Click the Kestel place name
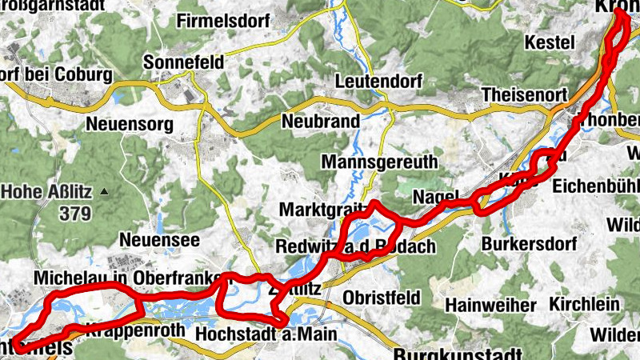[x=550, y=42]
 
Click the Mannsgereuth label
[x=379, y=162]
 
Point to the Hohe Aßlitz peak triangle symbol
[x=104, y=192]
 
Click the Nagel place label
[x=435, y=197]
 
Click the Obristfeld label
[x=380, y=298]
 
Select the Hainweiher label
[x=490, y=305]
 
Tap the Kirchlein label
[x=585, y=304]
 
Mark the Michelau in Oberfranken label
[x=128, y=278]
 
